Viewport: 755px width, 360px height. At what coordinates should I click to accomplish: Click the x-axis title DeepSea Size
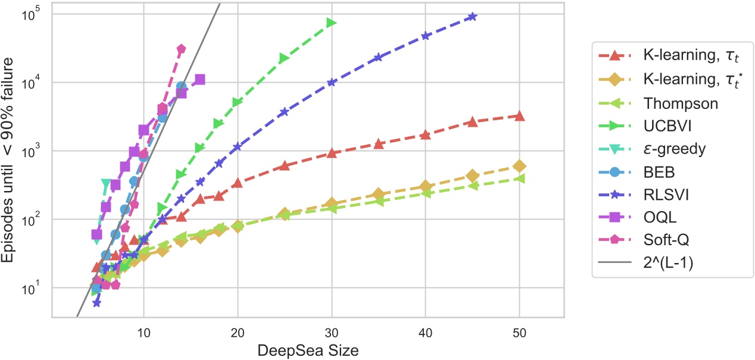[x=308, y=351]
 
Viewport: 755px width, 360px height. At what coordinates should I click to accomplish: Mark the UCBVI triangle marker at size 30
[x=332, y=23]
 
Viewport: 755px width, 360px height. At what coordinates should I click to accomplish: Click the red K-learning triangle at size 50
[x=519, y=115]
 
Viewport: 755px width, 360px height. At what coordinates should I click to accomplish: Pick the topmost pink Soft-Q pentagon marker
[x=181, y=49]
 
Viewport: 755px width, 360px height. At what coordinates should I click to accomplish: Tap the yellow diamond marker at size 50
[x=519, y=166]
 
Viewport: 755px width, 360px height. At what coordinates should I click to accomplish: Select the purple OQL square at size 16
[x=200, y=79]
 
